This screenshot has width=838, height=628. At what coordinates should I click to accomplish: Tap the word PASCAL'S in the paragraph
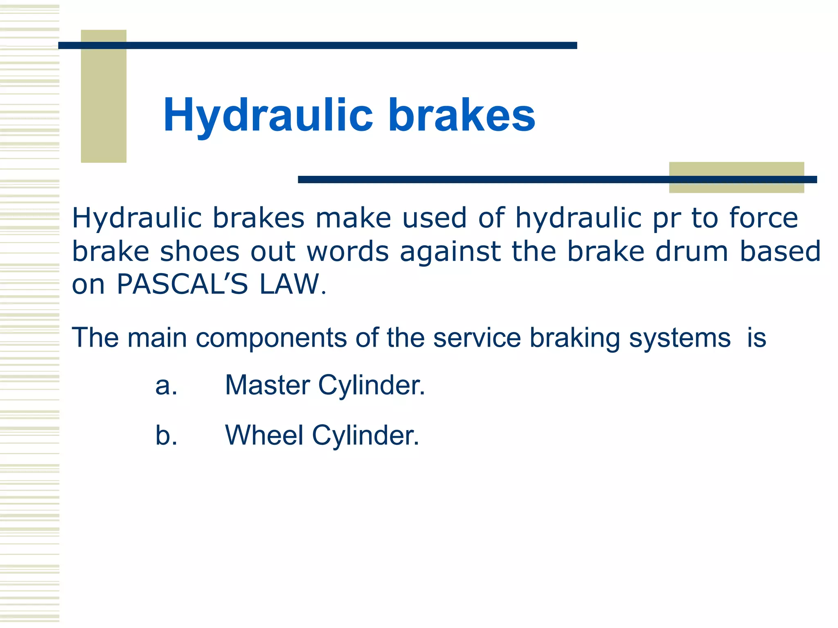click(182, 284)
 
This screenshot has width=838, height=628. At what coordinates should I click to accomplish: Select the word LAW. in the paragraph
click(293, 284)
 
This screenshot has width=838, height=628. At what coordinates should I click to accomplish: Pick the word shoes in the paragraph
click(200, 251)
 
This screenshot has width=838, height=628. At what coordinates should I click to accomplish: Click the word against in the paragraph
click(450, 252)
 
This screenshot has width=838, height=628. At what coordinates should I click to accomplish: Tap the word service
click(477, 338)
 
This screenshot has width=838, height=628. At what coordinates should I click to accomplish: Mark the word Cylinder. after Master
click(372, 386)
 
